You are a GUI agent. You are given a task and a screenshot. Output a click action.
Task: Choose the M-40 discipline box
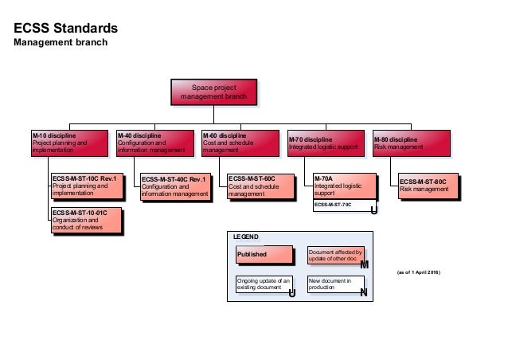[154, 142]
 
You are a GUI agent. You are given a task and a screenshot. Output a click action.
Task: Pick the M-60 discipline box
[240, 142]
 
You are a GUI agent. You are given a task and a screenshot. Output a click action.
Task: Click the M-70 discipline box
[326, 142]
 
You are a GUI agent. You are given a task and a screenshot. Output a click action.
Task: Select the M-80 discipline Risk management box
[411, 142]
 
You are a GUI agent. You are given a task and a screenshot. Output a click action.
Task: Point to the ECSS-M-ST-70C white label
[338, 206]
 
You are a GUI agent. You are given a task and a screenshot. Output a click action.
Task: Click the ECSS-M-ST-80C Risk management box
[429, 186]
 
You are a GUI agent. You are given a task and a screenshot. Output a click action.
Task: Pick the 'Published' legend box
[262, 255]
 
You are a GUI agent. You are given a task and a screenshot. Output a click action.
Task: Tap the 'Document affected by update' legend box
[335, 255]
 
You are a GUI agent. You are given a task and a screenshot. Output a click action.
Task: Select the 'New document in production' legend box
[335, 284]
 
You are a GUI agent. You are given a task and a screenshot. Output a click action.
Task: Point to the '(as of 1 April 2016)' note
[418, 272]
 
